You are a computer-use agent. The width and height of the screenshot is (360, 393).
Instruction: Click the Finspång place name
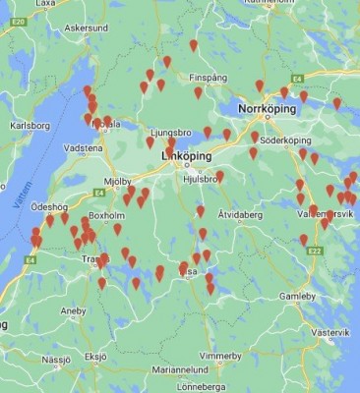click(210, 75)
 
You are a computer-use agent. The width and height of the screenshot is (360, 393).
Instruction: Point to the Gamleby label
click(297, 295)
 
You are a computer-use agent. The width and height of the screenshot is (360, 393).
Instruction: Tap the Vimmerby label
click(219, 355)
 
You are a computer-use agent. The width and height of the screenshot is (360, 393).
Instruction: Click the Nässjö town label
click(56, 360)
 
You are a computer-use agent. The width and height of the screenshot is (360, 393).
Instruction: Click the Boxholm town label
click(107, 214)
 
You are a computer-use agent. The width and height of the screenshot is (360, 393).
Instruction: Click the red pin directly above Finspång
click(193, 45)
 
